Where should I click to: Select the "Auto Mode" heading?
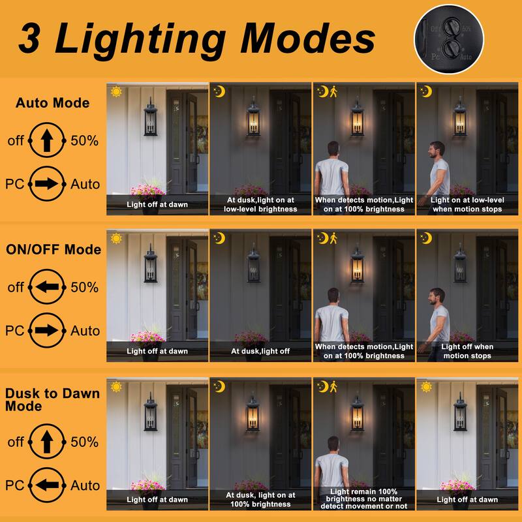tap(53, 103)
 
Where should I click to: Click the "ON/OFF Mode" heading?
tap(53, 250)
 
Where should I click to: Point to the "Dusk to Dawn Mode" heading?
tap(52, 399)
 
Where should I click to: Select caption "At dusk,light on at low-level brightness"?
tap(261, 205)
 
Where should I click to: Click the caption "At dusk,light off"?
tap(261, 351)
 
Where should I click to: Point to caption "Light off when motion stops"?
tap(467, 351)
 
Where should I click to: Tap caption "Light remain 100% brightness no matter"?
tap(364, 495)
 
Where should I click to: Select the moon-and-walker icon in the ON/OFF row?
tap(327, 238)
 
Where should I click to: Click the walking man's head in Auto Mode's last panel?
tap(437, 149)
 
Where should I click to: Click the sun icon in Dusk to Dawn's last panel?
tap(426, 386)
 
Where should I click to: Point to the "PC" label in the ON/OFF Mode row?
tap(14, 331)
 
